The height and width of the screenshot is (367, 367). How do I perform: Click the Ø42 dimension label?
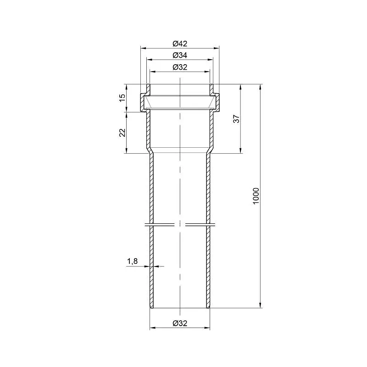point(180,44)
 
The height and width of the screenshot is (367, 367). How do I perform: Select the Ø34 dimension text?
point(180,55)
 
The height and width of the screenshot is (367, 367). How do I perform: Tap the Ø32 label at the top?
point(180,67)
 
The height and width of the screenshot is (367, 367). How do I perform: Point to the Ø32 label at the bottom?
point(180,323)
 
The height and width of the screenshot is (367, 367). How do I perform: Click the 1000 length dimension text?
point(256,196)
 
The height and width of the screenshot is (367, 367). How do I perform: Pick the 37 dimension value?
point(237,119)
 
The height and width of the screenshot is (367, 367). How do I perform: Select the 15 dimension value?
point(122,98)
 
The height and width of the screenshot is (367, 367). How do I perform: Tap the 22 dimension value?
point(122,133)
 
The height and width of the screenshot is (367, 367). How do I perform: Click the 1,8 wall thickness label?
point(133,261)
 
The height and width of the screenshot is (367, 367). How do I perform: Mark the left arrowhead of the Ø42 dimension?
point(143,48)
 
